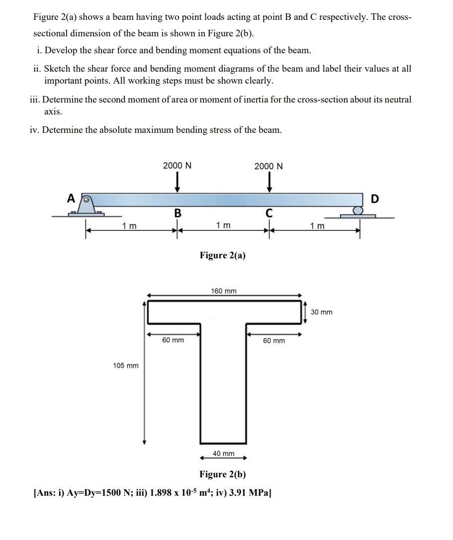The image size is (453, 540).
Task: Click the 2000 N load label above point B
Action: click(177, 166)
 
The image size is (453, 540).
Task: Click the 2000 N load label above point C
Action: click(269, 166)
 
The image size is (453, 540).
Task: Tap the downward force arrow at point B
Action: click(177, 183)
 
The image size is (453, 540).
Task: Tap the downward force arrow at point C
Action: click(269, 183)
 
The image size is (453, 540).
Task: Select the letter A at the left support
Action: click(72, 199)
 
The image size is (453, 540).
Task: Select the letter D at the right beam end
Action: click(374, 199)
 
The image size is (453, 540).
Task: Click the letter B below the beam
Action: click(177, 213)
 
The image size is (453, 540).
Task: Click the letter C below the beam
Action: click(269, 213)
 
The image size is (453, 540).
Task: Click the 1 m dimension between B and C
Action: click(223, 225)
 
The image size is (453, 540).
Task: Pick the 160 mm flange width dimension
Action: click(224, 291)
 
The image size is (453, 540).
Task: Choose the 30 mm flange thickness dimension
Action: click(322, 312)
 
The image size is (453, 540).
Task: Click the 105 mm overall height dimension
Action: click(126, 366)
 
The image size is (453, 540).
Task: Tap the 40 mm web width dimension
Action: click(223, 453)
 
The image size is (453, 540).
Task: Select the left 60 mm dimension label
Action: click(173, 340)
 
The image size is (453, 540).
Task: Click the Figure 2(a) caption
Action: click(223, 255)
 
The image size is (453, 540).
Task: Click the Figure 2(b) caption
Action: click(223, 474)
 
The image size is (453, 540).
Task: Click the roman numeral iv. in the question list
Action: click(35, 130)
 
